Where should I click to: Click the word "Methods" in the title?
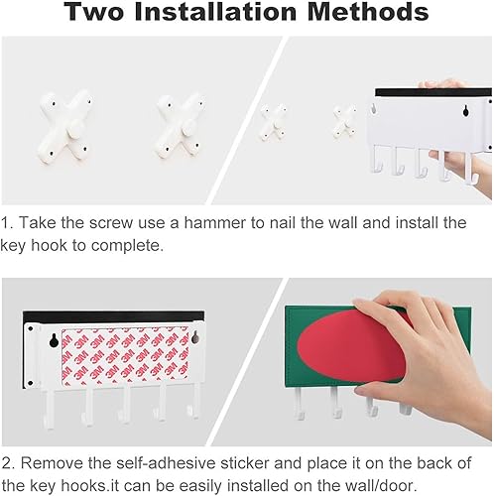[x=368, y=12]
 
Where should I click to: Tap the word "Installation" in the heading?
[x=215, y=12]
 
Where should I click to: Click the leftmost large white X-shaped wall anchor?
[x=64, y=127]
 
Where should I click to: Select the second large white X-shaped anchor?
[x=180, y=127]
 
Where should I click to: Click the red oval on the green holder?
[x=351, y=346]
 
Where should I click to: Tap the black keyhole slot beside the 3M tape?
[x=54, y=340]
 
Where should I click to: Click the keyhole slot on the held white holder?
[x=466, y=110]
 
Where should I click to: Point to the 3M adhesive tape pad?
[x=126, y=356]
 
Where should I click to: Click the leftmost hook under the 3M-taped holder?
[x=48, y=410]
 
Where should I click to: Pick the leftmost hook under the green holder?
[x=300, y=404]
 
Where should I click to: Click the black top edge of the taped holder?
[x=113, y=316]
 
